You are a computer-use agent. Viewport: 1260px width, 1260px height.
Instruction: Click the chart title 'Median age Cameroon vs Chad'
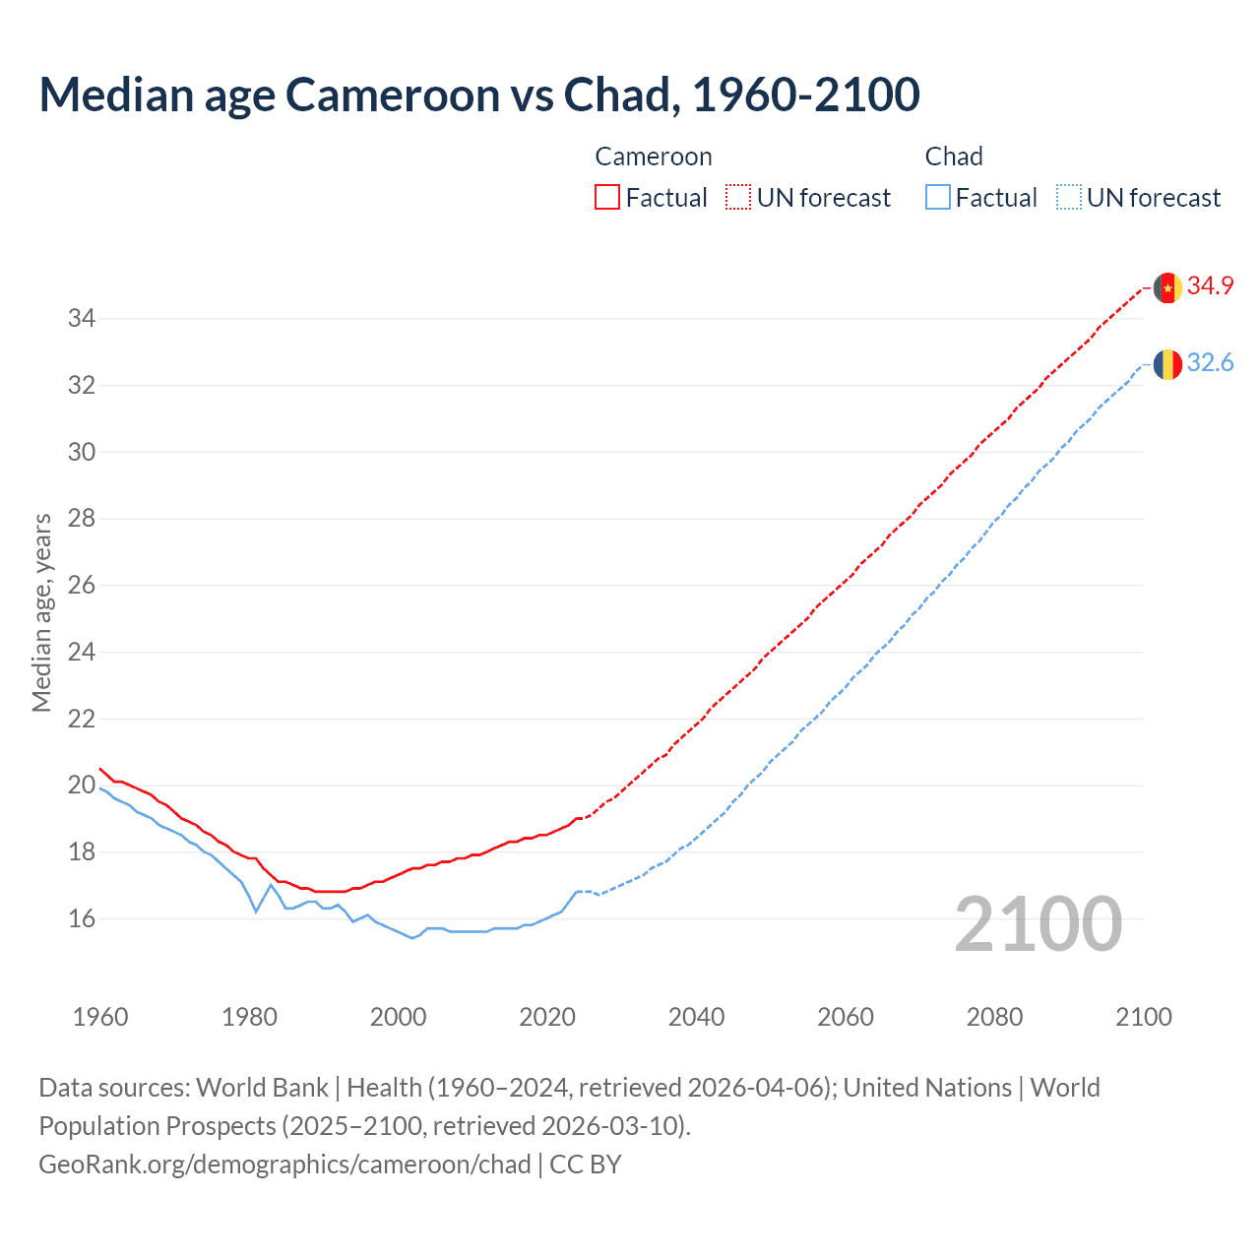pyautogui.click(x=479, y=94)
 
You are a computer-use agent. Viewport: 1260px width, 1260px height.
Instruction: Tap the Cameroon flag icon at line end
pyautogui.click(x=1167, y=287)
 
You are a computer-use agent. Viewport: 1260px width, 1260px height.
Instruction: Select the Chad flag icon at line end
pyautogui.click(x=1167, y=364)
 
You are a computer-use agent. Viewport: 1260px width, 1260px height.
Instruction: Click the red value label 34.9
pyautogui.click(x=1210, y=286)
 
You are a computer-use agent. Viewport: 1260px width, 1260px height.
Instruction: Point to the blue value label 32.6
pyautogui.click(x=1210, y=363)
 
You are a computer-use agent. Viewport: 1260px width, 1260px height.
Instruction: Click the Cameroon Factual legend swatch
pyautogui.click(x=607, y=198)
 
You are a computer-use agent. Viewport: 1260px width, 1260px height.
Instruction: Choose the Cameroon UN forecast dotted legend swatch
pyautogui.click(x=738, y=198)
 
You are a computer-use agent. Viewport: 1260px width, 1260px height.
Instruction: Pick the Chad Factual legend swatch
pyautogui.click(x=937, y=198)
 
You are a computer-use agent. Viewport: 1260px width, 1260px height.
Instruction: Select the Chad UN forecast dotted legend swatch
pyautogui.click(x=1068, y=198)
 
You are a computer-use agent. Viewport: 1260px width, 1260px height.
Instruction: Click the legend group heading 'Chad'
pyautogui.click(x=953, y=157)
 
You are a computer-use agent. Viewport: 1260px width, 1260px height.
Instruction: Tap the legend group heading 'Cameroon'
pyautogui.click(x=653, y=157)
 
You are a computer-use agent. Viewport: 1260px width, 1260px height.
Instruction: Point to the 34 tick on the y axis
pyautogui.click(x=81, y=318)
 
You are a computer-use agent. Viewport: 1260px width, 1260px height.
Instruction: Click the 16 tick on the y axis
pyautogui.click(x=81, y=918)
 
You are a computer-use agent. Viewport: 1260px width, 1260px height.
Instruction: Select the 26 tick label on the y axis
pyautogui.click(x=81, y=586)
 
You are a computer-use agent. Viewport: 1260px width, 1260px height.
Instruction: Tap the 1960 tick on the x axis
pyautogui.click(x=100, y=1017)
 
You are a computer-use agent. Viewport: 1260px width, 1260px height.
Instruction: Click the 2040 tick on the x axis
pyautogui.click(x=696, y=1017)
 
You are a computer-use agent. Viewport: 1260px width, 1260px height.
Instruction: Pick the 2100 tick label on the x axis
pyautogui.click(x=1143, y=1017)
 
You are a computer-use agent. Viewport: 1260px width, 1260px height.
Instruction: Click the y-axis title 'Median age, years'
pyautogui.click(x=41, y=612)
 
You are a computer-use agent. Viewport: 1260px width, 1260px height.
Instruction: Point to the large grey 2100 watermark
pyautogui.click(x=1038, y=924)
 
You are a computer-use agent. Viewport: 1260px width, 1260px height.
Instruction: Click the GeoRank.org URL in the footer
pyautogui.click(x=284, y=1165)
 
